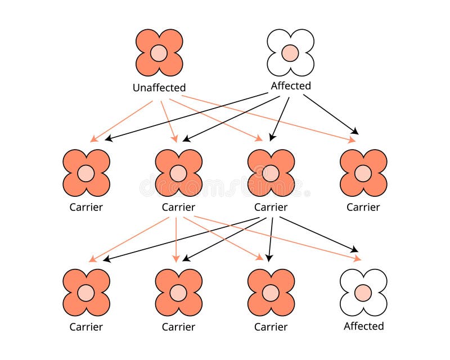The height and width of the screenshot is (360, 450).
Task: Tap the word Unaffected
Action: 159,88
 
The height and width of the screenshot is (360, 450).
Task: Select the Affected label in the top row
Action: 291,86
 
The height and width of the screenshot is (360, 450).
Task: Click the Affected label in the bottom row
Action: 363,326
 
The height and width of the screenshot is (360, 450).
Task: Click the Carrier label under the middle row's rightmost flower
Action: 363,207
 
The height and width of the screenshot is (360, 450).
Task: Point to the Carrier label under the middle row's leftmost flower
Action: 86,207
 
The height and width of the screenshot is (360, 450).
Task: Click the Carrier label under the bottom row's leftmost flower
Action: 86,327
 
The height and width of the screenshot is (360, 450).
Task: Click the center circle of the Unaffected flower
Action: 159,53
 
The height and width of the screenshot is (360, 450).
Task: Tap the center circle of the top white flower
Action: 290,53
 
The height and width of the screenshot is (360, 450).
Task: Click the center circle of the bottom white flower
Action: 363,292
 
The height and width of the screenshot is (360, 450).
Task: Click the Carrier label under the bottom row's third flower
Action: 271,327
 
